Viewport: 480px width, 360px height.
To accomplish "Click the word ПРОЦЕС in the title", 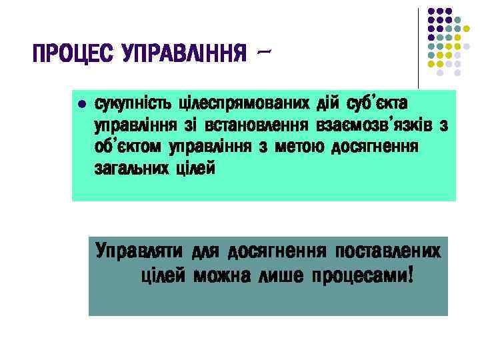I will (73, 53).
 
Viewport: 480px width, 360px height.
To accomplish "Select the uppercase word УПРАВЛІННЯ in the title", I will (180, 53).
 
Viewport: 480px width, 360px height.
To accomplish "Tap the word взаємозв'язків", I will (377, 125).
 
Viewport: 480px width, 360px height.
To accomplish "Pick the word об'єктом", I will (128, 147).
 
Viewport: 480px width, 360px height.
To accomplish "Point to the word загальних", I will (131, 168).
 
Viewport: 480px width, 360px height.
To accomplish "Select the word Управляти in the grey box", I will (139, 252).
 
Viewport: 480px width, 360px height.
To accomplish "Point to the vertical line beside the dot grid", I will (418, 47).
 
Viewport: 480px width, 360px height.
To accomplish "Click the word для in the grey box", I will (205, 252).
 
